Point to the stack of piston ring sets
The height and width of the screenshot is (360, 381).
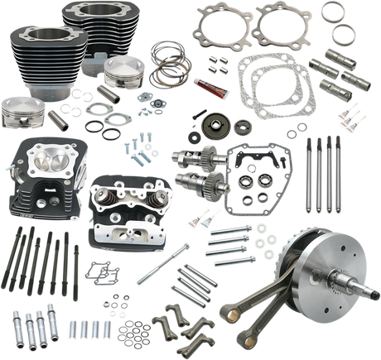pos(165,61)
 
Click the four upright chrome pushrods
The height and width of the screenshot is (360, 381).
pos(319,166)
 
